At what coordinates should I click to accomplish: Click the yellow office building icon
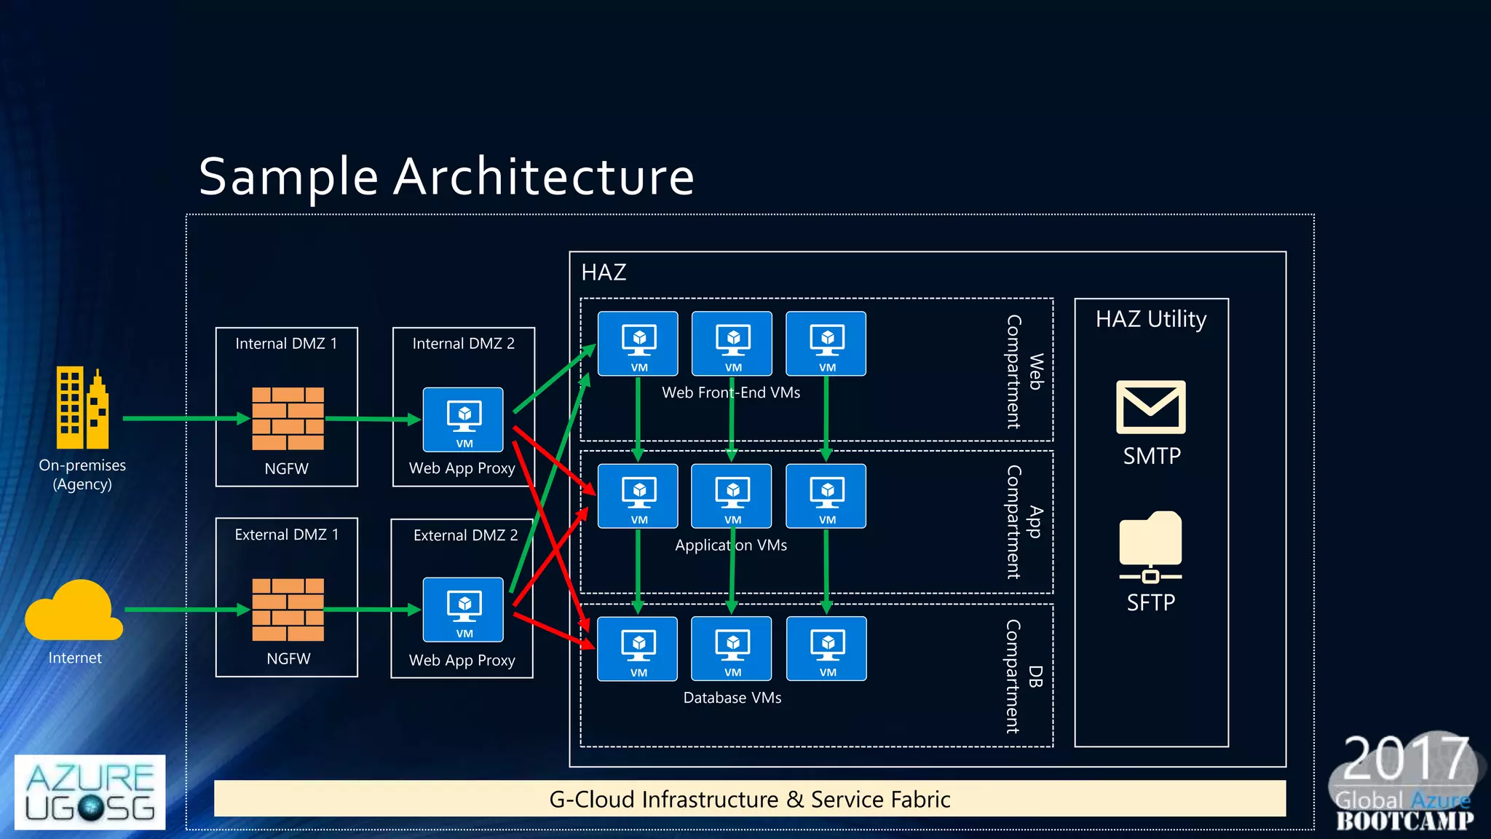pyautogui.click(x=82, y=408)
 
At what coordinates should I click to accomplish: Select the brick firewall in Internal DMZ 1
pyautogui.click(x=288, y=418)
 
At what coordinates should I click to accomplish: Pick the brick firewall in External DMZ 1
pyautogui.click(x=288, y=610)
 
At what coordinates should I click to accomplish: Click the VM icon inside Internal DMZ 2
pyautogui.click(x=463, y=419)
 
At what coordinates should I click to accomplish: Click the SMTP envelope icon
pyautogui.click(x=1150, y=407)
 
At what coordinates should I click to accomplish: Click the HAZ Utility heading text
pyautogui.click(x=1150, y=319)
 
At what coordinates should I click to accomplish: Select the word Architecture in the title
pyautogui.click(x=543, y=177)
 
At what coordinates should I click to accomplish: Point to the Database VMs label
pyautogui.click(x=732, y=698)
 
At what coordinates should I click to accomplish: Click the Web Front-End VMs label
pyautogui.click(x=730, y=393)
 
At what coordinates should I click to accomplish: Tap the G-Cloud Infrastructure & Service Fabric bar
pyautogui.click(x=750, y=799)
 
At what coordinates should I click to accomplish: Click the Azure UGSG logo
pyautogui.click(x=90, y=792)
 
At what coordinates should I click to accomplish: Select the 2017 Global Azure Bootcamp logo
pyautogui.click(x=1405, y=783)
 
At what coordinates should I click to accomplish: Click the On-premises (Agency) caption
pyautogui.click(x=82, y=474)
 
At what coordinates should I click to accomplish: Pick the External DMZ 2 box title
pyautogui.click(x=465, y=535)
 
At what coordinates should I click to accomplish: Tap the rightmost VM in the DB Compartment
pyautogui.click(x=826, y=649)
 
